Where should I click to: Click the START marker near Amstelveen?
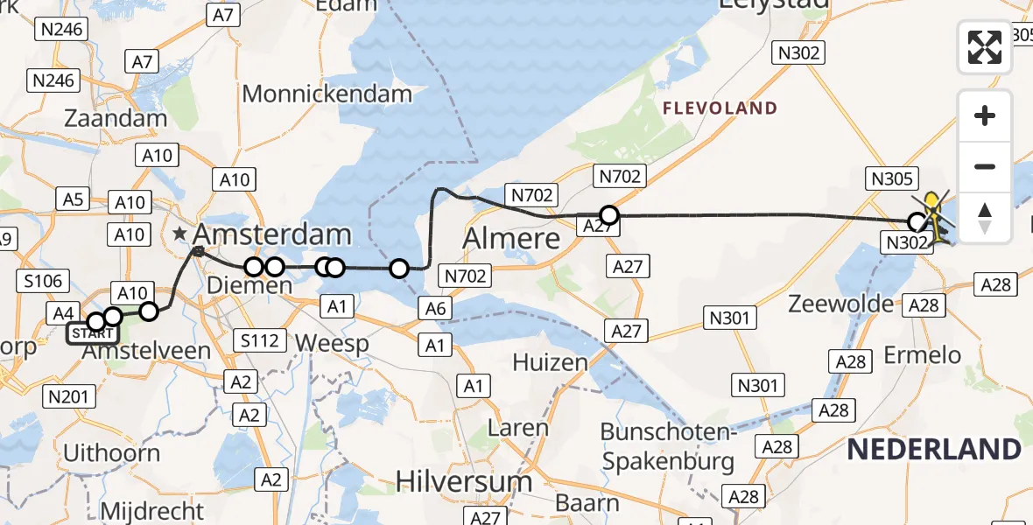91,333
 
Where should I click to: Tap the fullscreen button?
985,47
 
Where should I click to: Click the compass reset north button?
985,218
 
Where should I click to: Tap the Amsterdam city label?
271,234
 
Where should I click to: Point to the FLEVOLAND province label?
720,108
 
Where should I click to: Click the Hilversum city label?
464,480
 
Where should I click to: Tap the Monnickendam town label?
327,94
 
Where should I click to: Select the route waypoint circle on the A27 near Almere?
608,214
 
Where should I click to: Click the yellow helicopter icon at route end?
936,219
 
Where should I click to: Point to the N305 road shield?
892,179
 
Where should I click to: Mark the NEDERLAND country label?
934,450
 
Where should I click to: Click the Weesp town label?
331,343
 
